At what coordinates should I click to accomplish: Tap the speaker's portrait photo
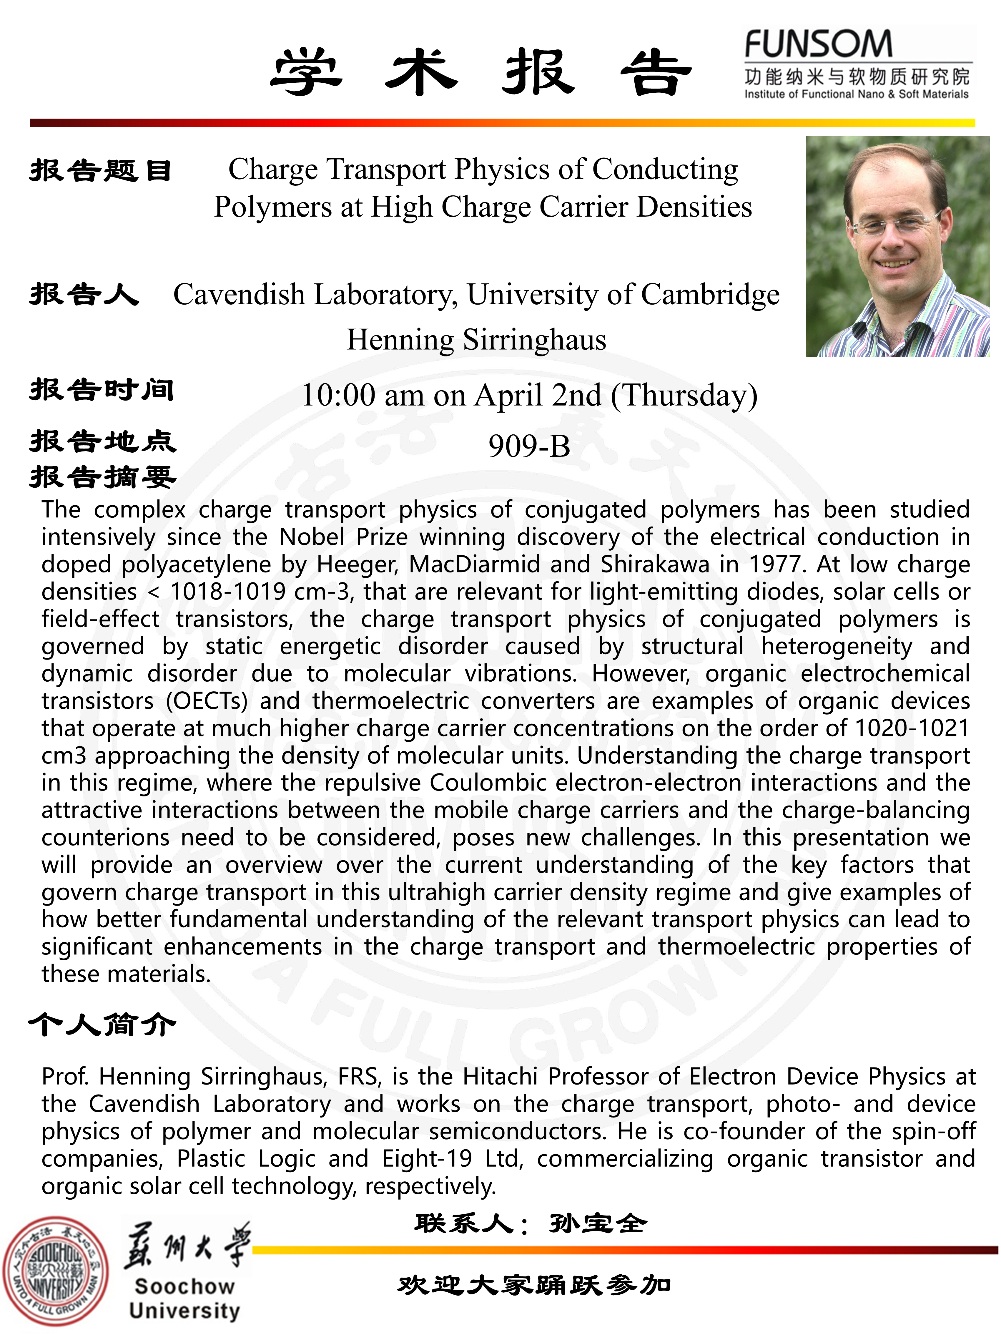(x=897, y=246)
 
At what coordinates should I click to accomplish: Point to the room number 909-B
(x=529, y=446)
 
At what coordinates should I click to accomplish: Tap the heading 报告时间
(x=102, y=390)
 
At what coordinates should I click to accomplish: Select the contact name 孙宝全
(x=597, y=1224)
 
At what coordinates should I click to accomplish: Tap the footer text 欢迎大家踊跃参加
(x=533, y=1286)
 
